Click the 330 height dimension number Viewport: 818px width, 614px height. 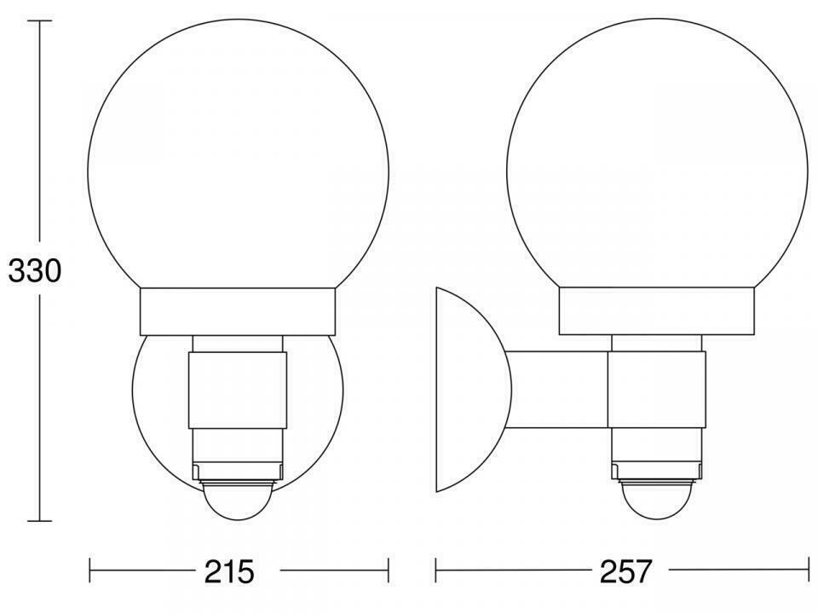[x=34, y=271]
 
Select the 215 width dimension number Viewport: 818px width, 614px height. [x=229, y=571]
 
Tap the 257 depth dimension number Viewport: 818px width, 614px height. [x=626, y=571]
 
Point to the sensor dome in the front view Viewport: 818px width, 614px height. [x=239, y=501]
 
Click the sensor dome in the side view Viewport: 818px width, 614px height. [x=656, y=501]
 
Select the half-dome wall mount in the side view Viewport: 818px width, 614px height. [x=473, y=389]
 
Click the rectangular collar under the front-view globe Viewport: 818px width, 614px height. [x=238, y=312]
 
